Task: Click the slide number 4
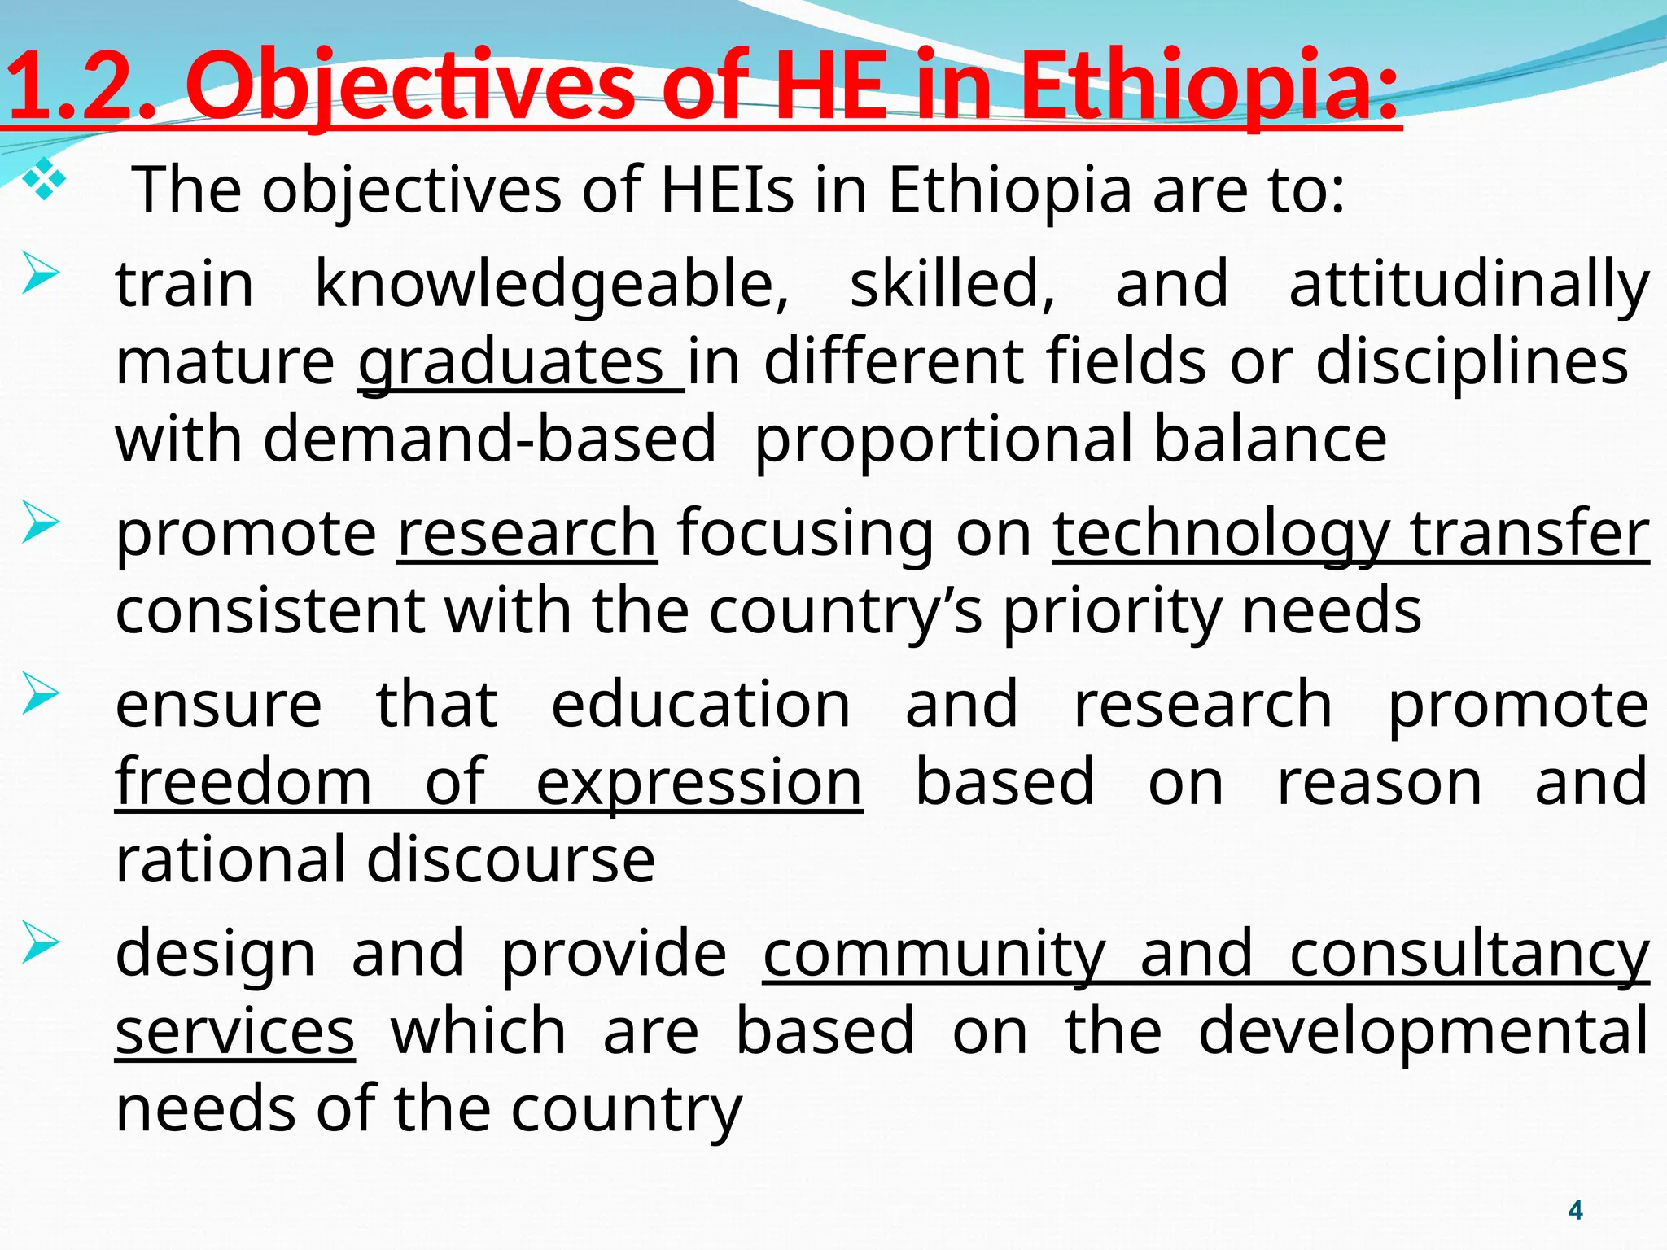[x=1575, y=1210]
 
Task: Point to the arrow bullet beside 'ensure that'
[x=41, y=693]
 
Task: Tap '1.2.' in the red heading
[x=81, y=85]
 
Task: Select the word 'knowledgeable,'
[x=552, y=285]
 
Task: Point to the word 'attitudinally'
[x=1469, y=285]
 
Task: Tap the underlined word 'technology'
[x=1221, y=534]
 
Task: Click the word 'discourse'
[x=510, y=859]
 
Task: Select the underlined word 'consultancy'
[x=1469, y=954]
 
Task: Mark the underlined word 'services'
[x=234, y=1032]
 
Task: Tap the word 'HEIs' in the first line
[x=727, y=190]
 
